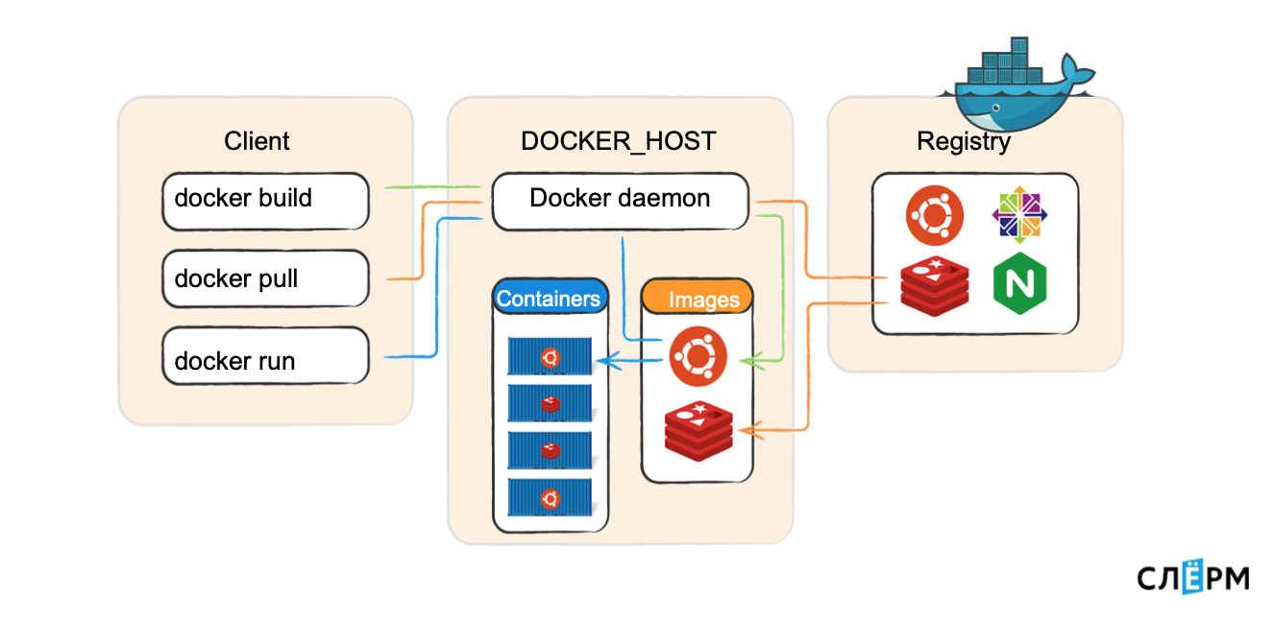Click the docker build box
click(265, 201)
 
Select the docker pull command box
click(265, 279)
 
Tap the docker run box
click(265, 357)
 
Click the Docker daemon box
click(620, 201)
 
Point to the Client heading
click(257, 142)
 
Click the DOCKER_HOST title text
click(618, 142)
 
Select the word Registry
click(964, 142)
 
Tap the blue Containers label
click(549, 299)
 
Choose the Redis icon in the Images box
click(698, 430)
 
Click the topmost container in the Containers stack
click(550, 357)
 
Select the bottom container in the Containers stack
click(550, 497)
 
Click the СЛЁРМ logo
click(1193, 577)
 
